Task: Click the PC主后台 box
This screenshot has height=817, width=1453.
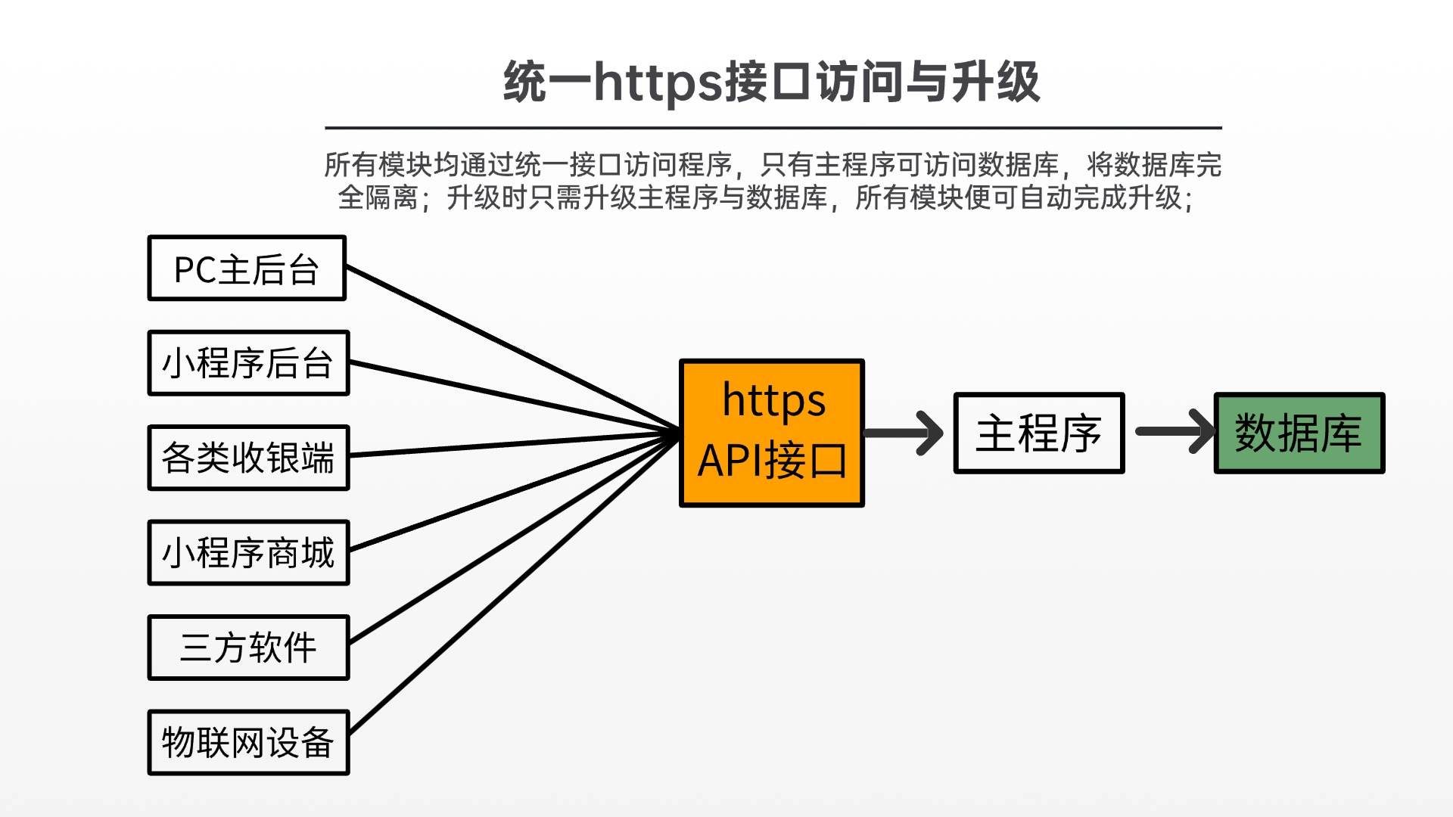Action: point(247,269)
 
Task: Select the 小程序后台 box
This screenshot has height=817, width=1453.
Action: point(248,363)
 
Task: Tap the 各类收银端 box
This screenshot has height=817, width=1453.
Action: point(248,458)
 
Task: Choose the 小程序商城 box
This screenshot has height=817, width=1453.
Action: point(248,552)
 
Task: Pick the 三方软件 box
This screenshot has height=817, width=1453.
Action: point(248,648)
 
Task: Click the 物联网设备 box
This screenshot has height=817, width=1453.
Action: point(248,742)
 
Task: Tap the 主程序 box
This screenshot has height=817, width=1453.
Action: point(1039,433)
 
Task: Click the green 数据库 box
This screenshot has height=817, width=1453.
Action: point(1299,433)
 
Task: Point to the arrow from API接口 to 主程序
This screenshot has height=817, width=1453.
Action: point(904,433)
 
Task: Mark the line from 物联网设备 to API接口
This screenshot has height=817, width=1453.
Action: point(515,582)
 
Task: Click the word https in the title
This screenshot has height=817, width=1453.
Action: point(658,82)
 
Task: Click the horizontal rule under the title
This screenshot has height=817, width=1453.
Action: point(773,128)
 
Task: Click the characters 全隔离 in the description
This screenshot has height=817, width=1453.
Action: point(378,198)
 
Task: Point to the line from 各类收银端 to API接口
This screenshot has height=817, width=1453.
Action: point(515,443)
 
